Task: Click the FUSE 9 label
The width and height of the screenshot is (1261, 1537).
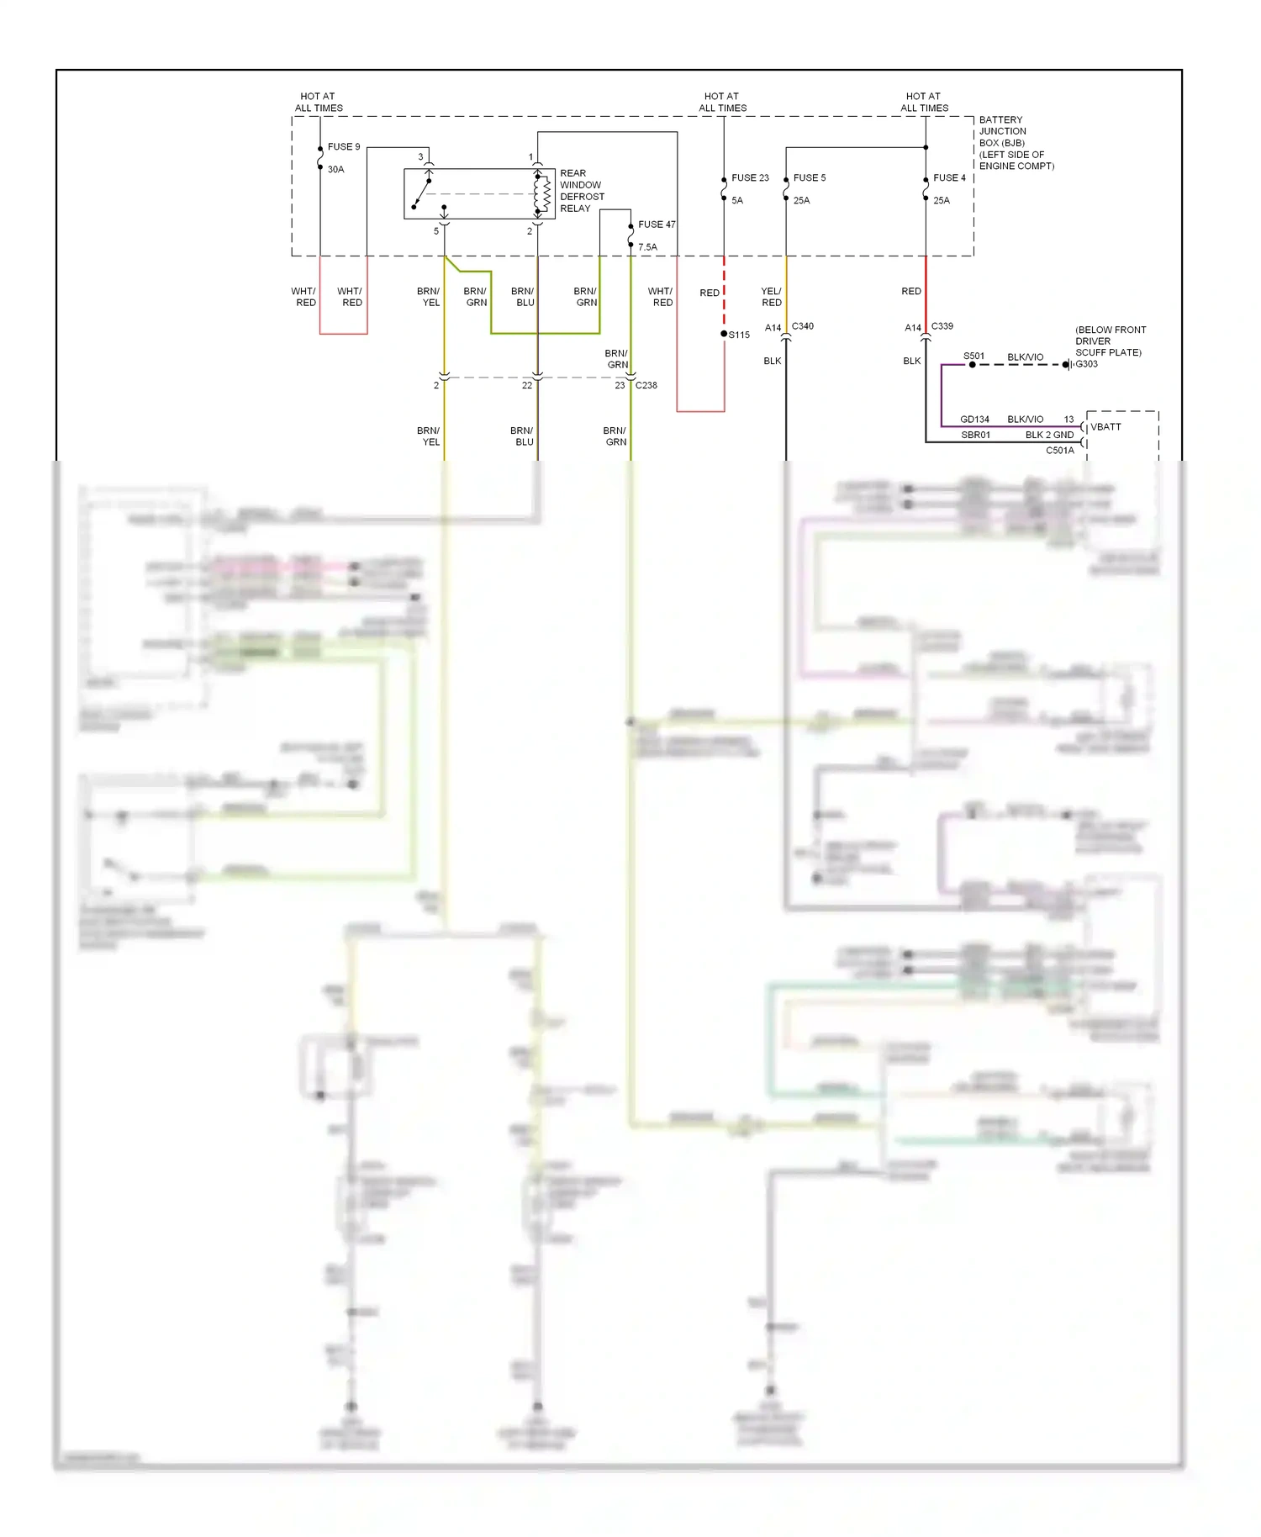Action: pyautogui.click(x=343, y=147)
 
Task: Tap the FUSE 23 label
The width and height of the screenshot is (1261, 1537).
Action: pyautogui.click(x=750, y=178)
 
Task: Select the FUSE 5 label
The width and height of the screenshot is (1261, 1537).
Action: pyautogui.click(x=810, y=178)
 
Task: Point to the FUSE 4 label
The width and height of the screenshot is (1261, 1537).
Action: pyautogui.click(x=949, y=178)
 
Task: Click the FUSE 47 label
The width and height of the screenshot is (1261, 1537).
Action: pyautogui.click(x=657, y=224)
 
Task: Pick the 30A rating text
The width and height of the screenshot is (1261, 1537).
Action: pyautogui.click(x=335, y=170)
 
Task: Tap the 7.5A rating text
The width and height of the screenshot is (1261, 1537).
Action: pyautogui.click(x=647, y=247)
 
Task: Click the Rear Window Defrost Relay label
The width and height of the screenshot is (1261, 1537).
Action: pyautogui.click(x=582, y=191)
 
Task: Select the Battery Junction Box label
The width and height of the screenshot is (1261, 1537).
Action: pyautogui.click(x=1016, y=143)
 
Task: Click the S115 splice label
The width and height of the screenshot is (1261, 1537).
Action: pyautogui.click(x=739, y=335)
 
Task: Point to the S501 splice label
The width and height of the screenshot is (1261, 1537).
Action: pyautogui.click(x=973, y=357)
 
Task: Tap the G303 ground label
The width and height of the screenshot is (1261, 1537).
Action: pyautogui.click(x=1086, y=364)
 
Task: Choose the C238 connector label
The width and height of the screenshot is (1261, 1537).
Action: pyautogui.click(x=646, y=385)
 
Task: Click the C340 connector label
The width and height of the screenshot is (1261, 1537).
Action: pyautogui.click(x=802, y=326)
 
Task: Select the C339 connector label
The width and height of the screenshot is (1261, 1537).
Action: pyautogui.click(x=942, y=326)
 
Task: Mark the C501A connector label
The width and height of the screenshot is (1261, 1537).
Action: pyautogui.click(x=1059, y=451)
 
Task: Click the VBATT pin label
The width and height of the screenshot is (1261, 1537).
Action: pyautogui.click(x=1105, y=427)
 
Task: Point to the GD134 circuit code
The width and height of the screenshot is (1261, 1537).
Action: pyautogui.click(x=974, y=420)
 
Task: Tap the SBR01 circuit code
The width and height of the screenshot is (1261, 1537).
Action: pyautogui.click(x=975, y=436)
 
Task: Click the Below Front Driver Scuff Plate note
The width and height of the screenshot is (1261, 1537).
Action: pyautogui.click(x=1110, y=341)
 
